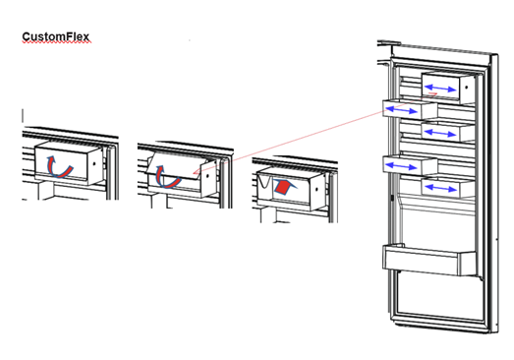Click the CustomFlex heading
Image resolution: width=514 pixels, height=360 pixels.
click(x=56, y=36)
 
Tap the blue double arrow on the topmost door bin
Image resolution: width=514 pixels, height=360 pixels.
click(x=440, y=89)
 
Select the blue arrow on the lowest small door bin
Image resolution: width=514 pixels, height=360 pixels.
click(x=440, y=189)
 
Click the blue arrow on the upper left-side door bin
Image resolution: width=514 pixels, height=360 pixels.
click(x=402, y=110)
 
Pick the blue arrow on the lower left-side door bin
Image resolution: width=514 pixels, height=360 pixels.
click(x=402, y=166)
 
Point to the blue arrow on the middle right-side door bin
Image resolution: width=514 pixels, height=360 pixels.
click(x=440, y=133)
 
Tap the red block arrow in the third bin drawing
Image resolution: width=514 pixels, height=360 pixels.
click(x=285, y=187)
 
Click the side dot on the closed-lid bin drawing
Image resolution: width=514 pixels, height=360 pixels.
click(x=94, y=162)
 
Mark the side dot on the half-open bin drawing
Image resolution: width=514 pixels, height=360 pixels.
click(x=207, y=176)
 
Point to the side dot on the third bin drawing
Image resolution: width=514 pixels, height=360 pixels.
click(x=316, y=190)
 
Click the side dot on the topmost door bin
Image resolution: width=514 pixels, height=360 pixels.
click(x=466, y=88)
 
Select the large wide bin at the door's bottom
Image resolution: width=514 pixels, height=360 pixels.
click(x=428, y=261)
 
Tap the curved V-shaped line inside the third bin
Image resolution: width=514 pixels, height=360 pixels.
click(x=264, y=182)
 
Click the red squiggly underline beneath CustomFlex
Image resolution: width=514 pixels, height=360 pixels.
click(x=56, y=42)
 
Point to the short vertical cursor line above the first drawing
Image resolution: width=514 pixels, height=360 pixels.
click(x=23, y=115)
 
